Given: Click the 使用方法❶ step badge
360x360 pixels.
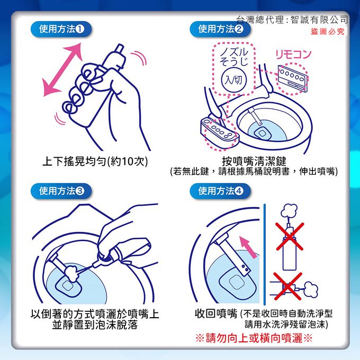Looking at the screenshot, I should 61,29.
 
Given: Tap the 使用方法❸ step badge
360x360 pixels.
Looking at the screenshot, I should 61,191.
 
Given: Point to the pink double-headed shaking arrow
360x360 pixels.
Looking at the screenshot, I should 61,69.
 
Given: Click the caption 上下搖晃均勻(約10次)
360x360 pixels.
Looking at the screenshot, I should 95,161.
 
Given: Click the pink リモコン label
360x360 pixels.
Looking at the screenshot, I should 293,54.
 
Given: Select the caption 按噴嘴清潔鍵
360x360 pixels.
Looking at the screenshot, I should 254,160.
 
